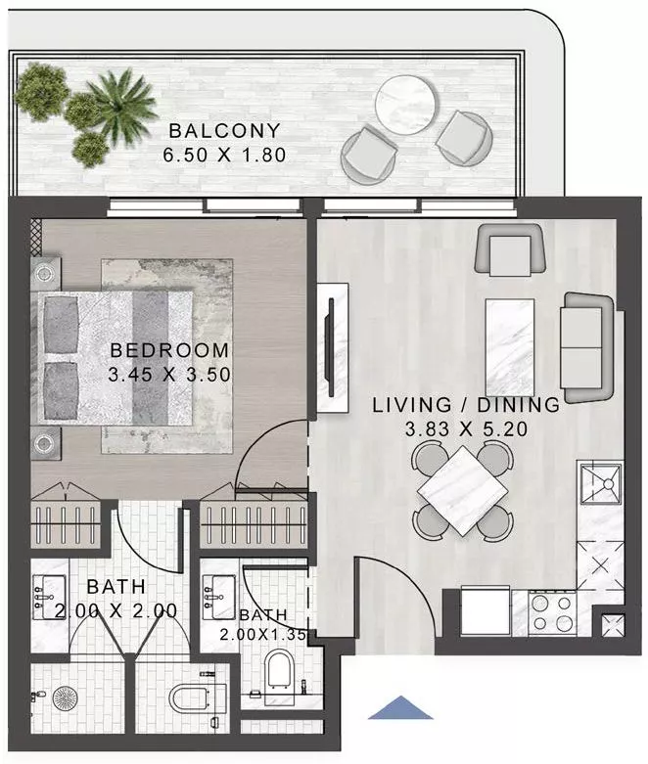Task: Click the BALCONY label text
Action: click(224, 130)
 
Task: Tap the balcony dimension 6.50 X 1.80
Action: click(224, 155)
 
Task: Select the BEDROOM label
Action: click(169, 350)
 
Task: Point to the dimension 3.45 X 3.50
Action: click(169, 373)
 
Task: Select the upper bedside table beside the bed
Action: click(46, 274)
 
